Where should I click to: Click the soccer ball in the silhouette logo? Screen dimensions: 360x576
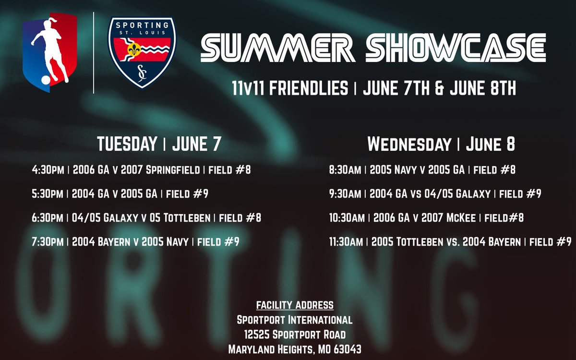(x=45, y=81)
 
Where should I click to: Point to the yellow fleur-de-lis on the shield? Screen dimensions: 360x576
(x=135, y=48)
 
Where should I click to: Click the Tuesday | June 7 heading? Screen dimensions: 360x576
(x=159, y=144)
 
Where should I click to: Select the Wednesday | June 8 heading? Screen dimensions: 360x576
(x=441, y=144)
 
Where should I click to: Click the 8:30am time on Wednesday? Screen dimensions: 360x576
(x=346, y=169)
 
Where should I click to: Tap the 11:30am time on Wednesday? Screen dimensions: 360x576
(x=346, y=242)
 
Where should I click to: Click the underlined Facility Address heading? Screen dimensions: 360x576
(x=295, y=305)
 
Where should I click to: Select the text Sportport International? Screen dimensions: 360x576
(x=295, y=320)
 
